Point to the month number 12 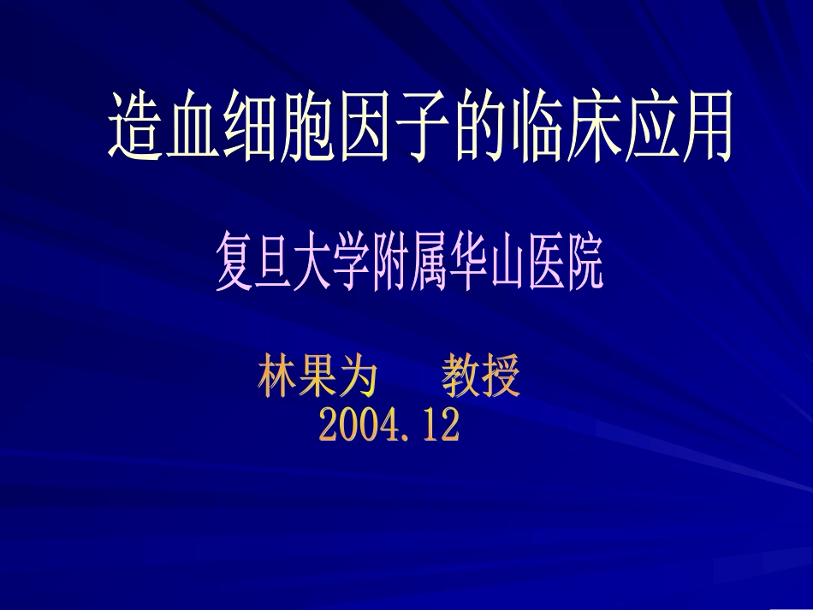(440, 425)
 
